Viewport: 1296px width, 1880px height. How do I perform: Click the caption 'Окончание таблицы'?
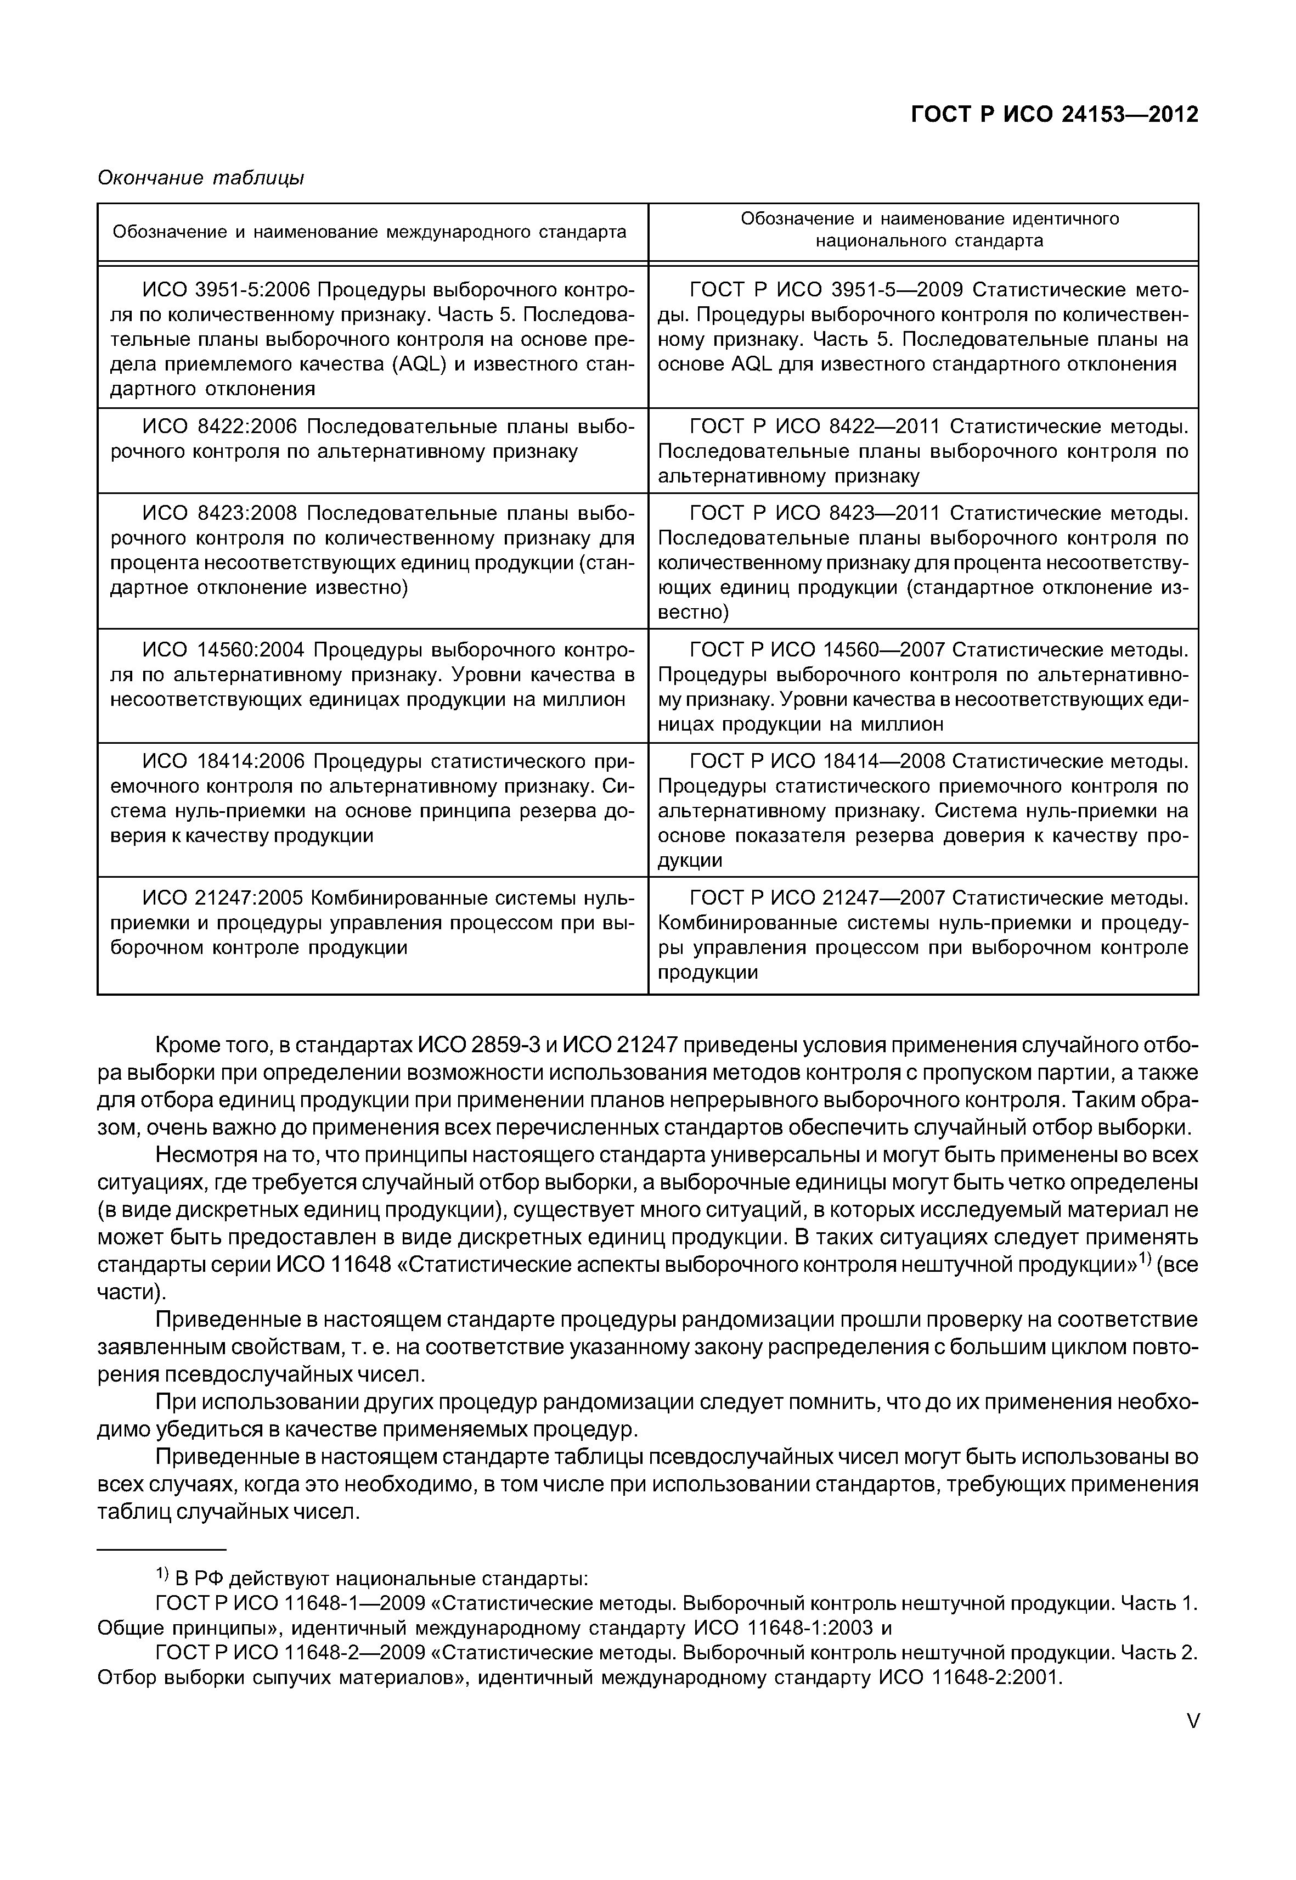201,177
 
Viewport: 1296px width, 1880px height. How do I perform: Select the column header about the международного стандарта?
369,232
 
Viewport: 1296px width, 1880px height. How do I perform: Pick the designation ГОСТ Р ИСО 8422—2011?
814,426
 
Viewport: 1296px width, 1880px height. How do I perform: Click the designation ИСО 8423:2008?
221,513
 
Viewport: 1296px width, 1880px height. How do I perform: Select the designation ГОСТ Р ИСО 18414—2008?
817,761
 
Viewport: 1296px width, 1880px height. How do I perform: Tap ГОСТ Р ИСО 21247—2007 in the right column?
817,898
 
